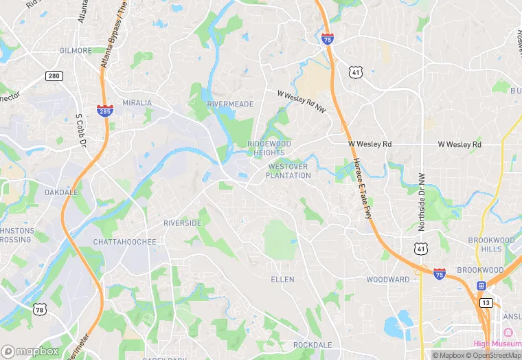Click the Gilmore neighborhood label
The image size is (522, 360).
76,51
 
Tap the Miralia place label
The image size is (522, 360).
137,102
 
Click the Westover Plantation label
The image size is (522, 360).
288,171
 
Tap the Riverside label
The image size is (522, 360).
183,223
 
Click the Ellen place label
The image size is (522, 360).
282,280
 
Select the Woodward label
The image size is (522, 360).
387,280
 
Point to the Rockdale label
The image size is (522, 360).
313,345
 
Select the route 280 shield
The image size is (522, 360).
55,75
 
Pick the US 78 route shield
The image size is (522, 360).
39,310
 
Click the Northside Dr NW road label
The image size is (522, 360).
422,201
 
